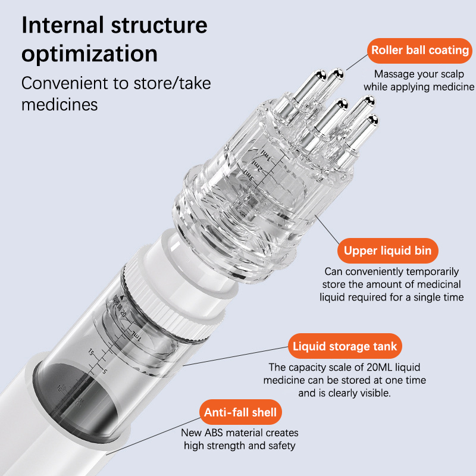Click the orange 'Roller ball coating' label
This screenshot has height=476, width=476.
click(x=420, y=50)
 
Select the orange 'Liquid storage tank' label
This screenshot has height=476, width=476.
click(x=345, y=346)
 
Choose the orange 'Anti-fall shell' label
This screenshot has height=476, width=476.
click(x=240, y=412)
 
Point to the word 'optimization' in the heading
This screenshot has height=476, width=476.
click(x=89, y=54)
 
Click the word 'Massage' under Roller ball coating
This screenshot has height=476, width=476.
click(x=394, y=74)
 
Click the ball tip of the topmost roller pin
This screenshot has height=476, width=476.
click(x=339, y=74)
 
